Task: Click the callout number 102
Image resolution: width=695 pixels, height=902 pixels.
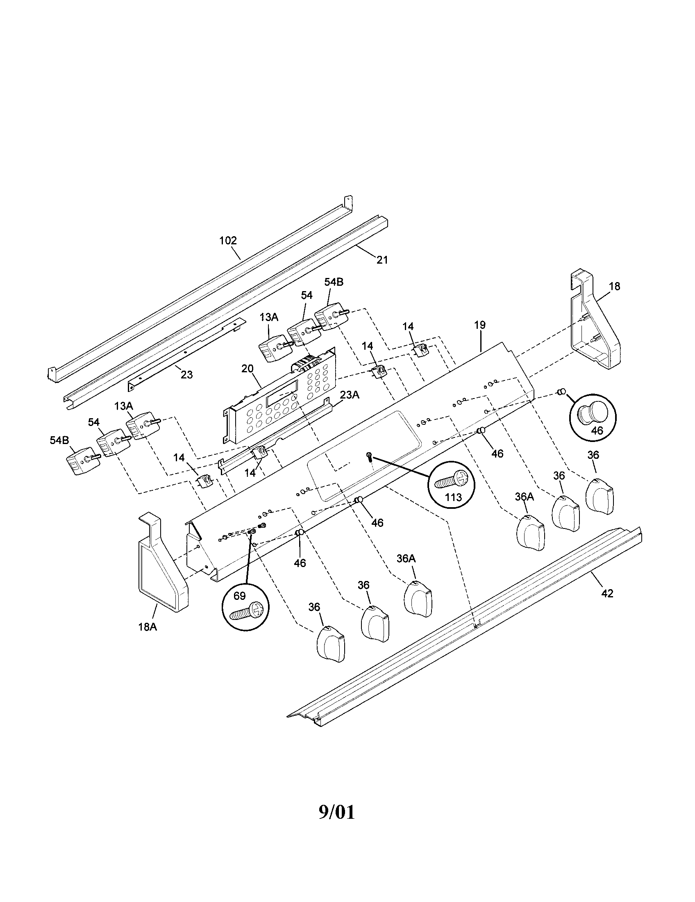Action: pos(228,240)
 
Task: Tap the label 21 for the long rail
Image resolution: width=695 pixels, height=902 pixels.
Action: pos(382,260)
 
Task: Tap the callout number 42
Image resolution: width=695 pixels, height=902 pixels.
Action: pos(607,594)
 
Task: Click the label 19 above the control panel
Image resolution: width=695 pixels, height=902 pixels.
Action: pos(479,325)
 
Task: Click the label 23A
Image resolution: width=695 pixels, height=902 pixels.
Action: pos(349,395)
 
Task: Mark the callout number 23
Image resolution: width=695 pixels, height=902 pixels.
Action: pos(186,375)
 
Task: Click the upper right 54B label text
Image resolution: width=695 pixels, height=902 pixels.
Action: pos(334,282)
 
